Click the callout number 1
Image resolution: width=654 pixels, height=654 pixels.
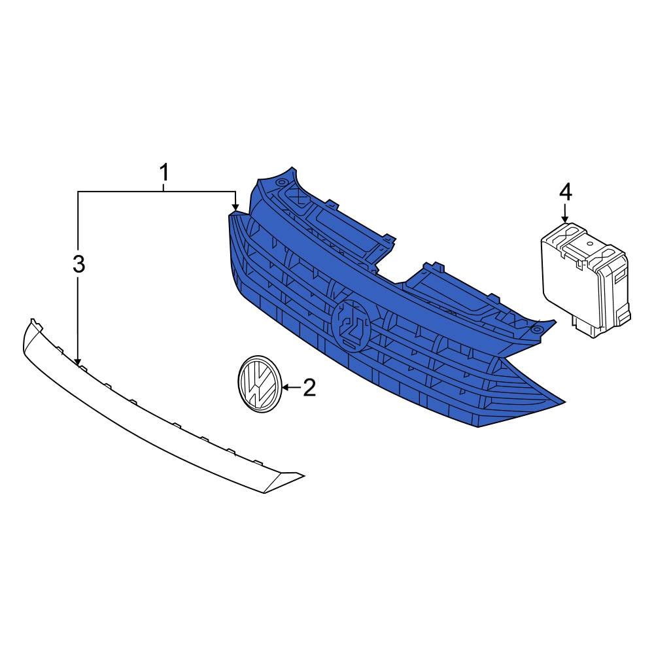[x=164, y=173]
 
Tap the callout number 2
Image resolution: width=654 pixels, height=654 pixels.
[x=307, y=388]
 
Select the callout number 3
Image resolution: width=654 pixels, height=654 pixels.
[x=78, y=264]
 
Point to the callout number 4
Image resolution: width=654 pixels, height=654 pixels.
[x=565, y=192]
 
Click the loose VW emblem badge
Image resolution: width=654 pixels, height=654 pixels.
[x=258, y=384]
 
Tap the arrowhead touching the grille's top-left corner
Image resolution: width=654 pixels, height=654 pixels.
[x=235, y=207]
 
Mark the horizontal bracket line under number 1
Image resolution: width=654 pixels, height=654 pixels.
[x=157, y=191]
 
